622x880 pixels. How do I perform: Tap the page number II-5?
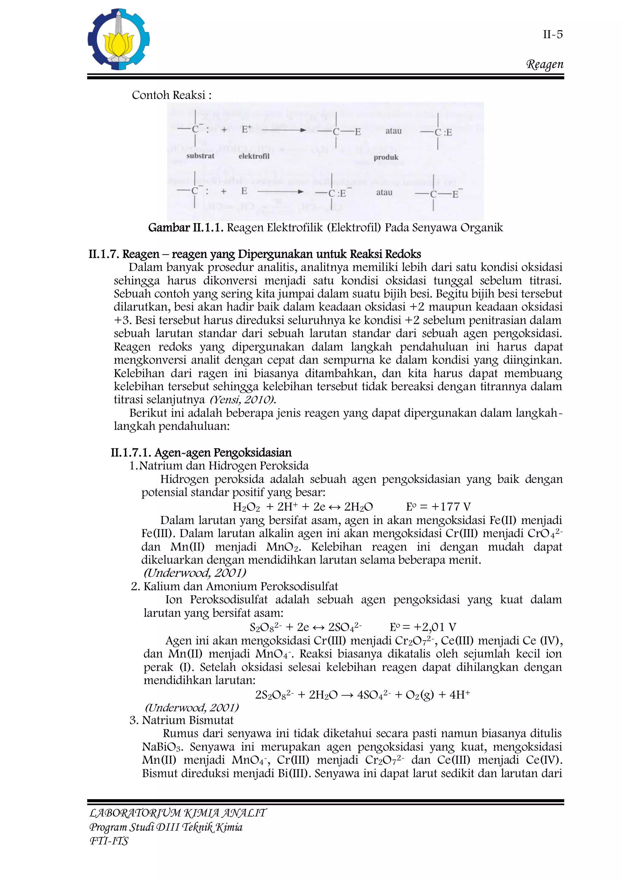click(553, 35)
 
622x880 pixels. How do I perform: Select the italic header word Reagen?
click(545, 64)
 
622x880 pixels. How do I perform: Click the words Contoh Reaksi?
click(171, 95)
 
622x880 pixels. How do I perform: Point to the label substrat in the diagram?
click(200, 156)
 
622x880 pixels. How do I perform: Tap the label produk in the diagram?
click(386, 157)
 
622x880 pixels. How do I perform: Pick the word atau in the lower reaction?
click(384, 192)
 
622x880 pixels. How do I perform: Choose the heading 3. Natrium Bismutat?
click(182, 720)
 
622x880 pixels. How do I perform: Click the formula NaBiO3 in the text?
click(163, 747)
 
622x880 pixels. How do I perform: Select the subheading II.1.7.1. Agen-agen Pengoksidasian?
click(201, 453)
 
